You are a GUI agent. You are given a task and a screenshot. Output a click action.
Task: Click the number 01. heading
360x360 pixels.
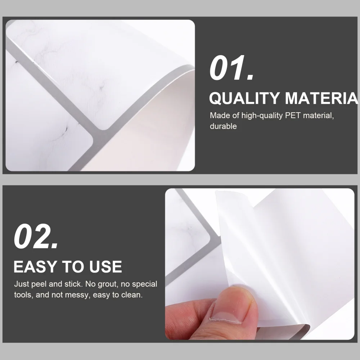tap(231, 68)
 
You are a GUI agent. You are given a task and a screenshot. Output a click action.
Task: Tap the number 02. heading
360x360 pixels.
tap(36, 237)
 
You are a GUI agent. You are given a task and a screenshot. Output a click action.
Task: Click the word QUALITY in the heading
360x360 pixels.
tap(244, 98)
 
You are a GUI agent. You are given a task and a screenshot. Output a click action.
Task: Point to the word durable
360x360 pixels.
tap(223, 126)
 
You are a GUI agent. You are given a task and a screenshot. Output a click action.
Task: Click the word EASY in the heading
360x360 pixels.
tap(36, 267)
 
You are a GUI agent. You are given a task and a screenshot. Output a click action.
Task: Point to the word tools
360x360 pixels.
tap(23, 296)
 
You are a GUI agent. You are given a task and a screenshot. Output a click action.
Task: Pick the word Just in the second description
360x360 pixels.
tap(21, 284)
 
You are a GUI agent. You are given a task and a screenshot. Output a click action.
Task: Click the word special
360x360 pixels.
tap(144, 284)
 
